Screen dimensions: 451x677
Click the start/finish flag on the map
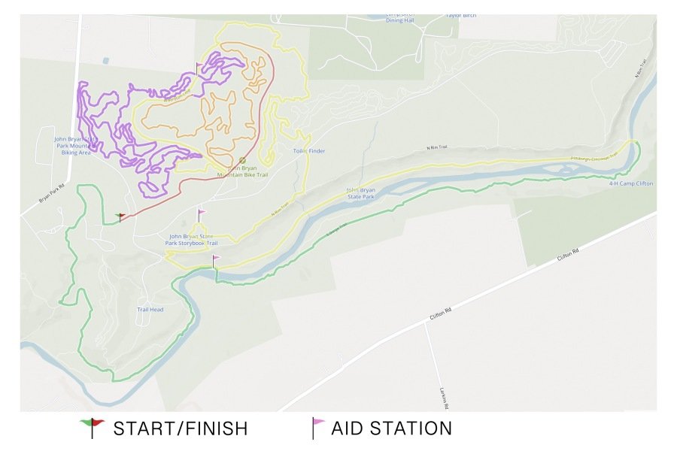(120, 216)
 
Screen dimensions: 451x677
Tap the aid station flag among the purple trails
(199, 67)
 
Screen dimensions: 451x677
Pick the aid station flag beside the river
(216, 261)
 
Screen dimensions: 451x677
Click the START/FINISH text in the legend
(181, 429)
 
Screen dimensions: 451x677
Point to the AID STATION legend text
(391, 429)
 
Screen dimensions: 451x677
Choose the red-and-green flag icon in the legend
(92, 427)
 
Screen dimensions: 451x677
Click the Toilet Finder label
(309, 151)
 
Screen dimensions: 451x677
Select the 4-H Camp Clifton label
(631, 183)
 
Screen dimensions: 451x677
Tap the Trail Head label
(150, 310)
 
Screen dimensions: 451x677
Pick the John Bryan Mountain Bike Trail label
(242, 171)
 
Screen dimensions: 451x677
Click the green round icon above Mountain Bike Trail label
(242, 159)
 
